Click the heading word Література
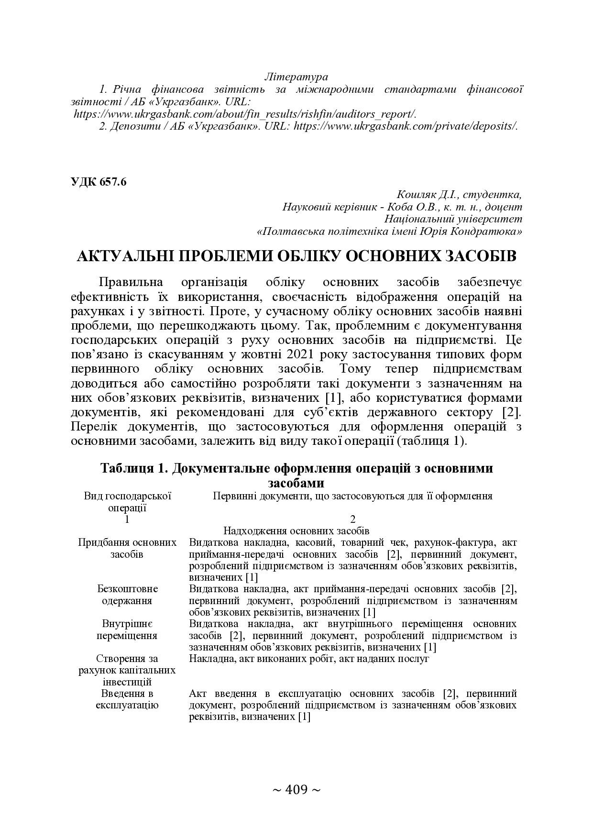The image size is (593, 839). point(296,77)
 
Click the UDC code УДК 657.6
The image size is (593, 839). point(98,182)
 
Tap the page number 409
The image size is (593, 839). point(296,789)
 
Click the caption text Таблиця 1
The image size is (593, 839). point(132,468)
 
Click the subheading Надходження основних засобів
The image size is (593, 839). point(296,531)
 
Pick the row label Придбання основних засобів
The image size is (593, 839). point(127,549)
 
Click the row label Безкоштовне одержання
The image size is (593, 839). point(127,595)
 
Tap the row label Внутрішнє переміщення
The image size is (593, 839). point(127,630)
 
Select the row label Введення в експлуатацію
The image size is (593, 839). point(127,699)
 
